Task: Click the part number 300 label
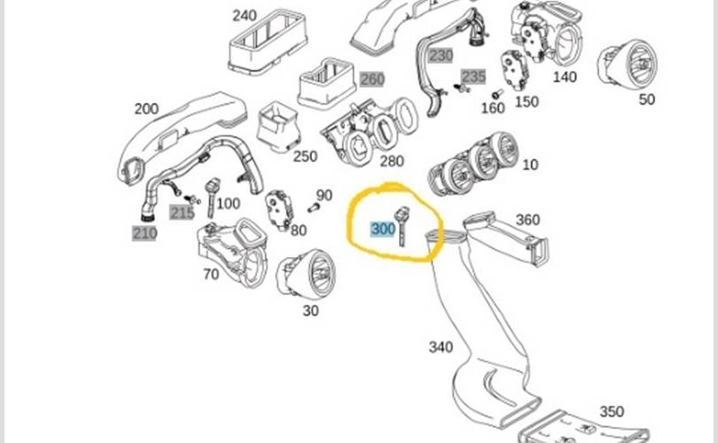tap(383, 229)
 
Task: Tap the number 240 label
tap(245, 15)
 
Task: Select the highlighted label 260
tap(371, 79)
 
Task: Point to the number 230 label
tap(441, 56)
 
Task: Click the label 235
tap(473, 76)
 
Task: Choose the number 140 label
tap(565, 77)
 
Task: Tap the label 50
tap(647, 99)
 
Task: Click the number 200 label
tap(146, 109)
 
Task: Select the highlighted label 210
tap(144, 234)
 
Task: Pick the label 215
tap(183, 213)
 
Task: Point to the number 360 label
tap(527, 220)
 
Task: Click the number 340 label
tap(441, 346)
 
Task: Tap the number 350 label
tap(612, 412)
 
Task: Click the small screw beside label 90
tap(313, 207)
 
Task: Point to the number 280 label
tap(391, 161)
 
